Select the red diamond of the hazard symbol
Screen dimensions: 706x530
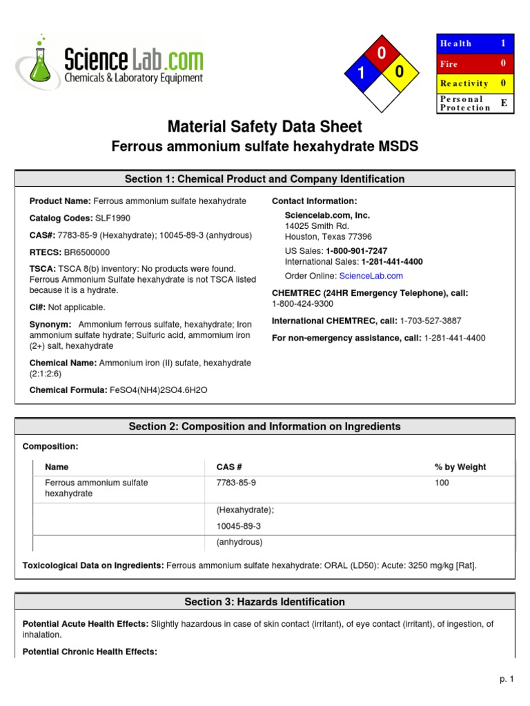[380, 53]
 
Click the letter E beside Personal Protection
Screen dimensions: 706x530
[503, 103]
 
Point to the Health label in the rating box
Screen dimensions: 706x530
[455, 43]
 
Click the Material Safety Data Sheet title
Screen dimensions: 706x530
[264, 127]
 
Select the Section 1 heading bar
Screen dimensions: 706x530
[264, 179]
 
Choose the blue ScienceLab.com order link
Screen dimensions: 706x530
[371, 276]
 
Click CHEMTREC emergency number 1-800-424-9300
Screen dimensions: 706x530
[302, 303]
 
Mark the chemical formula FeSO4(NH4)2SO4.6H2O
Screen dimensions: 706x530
[159, 390]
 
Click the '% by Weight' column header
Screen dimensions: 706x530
[460, 467]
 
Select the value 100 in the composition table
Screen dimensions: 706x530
[442, 483]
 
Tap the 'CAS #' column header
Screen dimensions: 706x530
[229, 467]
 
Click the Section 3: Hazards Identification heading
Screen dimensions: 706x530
[264, 602]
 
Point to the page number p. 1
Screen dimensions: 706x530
[507, 680]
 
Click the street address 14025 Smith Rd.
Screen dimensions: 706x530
[317, 225]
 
